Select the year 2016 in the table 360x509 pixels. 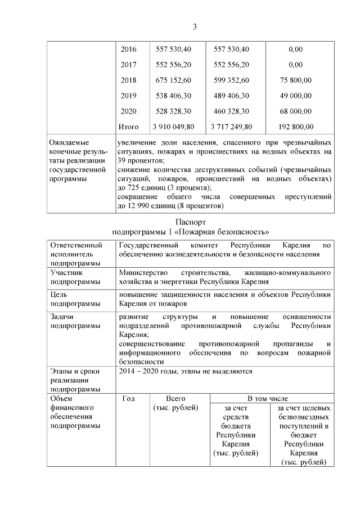point(129,49)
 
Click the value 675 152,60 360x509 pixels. point(173,80)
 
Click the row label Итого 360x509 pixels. point(129,127)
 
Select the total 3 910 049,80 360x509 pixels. point(173,127)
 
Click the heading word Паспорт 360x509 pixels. point(191,223)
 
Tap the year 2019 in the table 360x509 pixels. point(129,96)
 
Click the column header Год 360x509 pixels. point(128,398)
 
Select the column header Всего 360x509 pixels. point(175,398)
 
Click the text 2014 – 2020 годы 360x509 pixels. point(146,371)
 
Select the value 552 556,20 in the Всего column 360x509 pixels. point(173,65)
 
